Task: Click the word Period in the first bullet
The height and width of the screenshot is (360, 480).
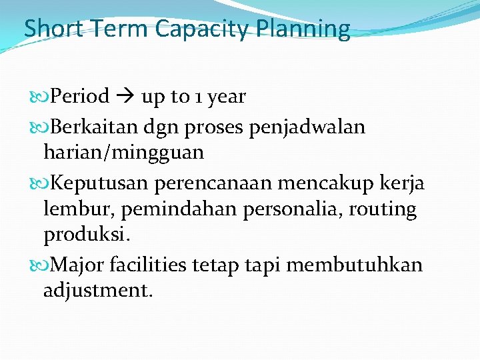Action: pos(80,97)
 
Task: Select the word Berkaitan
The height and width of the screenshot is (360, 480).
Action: pos(91,127)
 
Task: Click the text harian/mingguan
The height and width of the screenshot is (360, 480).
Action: pos(123,153)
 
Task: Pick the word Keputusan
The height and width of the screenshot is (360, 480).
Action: pos(94,183)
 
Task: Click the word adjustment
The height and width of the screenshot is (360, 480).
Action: pos(98,291)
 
